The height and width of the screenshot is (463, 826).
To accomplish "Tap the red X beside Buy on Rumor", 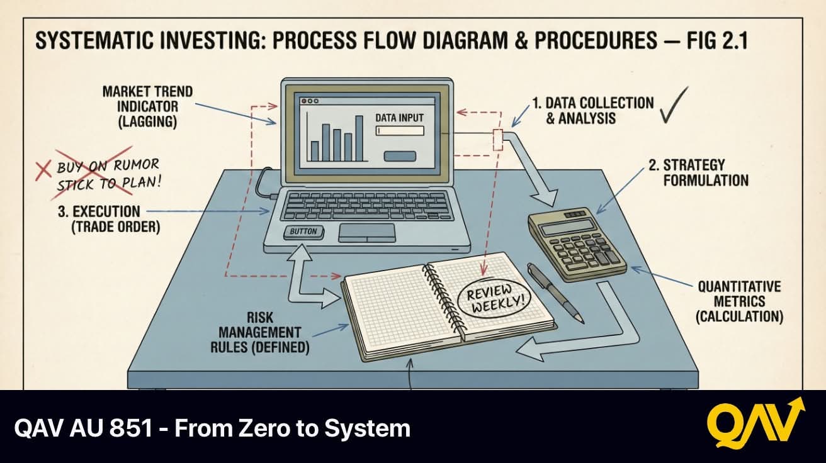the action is coord(43,172).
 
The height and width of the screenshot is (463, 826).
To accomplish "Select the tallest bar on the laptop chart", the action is coord(359,138).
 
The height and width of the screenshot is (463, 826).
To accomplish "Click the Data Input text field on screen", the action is coord(400,131).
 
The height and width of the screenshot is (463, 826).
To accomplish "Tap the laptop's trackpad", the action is coord(367,233).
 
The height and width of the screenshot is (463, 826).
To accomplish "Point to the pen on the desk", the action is coord(555,293).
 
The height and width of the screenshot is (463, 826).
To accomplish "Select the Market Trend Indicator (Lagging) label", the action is coord(147,107).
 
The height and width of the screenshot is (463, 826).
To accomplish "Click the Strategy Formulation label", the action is coord(698,173).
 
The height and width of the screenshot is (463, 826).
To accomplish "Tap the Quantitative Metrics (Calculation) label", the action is coord(739,302).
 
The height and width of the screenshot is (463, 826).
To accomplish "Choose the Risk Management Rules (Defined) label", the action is coord(259,333).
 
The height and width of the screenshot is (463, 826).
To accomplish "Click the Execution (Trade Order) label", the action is coord(109,219).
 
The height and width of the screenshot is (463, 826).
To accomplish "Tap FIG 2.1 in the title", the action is coord(717,40).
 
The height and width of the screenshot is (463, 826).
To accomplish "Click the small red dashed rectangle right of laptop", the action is coord(498,140).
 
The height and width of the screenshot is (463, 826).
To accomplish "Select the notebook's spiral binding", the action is coord(445,299).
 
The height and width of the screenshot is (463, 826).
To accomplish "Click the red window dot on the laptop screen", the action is coord(304,101).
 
